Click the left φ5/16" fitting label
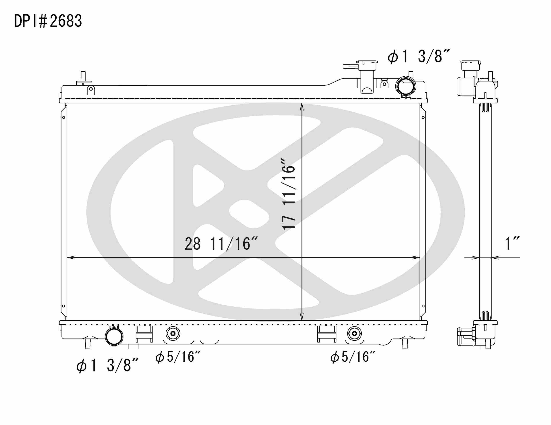(178, 357)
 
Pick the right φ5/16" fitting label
(353, 357)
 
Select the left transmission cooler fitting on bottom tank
(173, 333)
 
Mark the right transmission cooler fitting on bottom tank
(354, 333)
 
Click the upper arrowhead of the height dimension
(302, 107)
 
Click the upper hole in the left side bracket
(63, 117)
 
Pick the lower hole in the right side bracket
(423, 306)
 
